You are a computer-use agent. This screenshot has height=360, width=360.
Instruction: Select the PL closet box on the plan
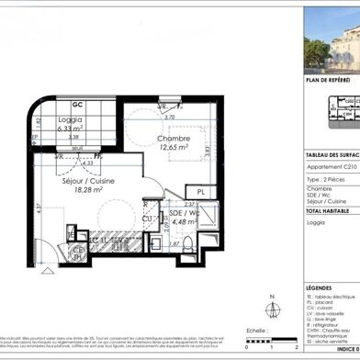tap(203, 191)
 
